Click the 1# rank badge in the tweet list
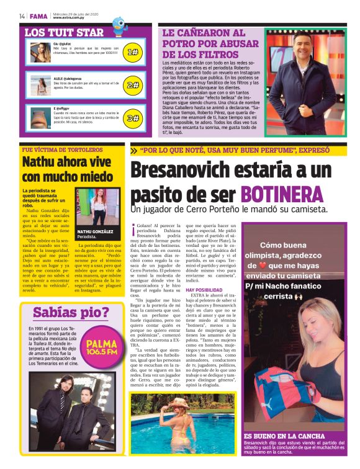[x=132, y=52]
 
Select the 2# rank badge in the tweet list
[x=132, y=85]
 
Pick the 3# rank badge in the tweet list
[x=132, y=117]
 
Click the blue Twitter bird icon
[x=118, y=25]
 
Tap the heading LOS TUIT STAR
[x=65, y=32]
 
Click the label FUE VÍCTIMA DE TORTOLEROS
[x=58, y=150]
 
